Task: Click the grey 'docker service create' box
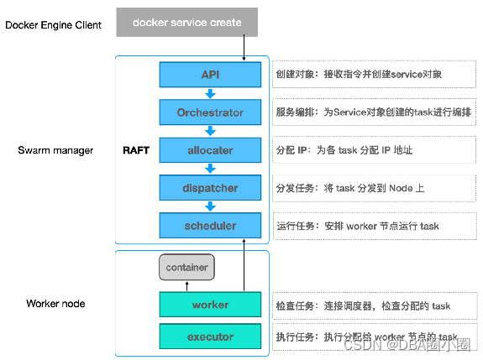pyautogui.click(x=187, y=22)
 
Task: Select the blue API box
pyautogui.click(x=210, y=75)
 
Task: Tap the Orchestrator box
pyautogui.click(x=210, y=112)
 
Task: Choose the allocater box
pyautogui.click(x=210, y=150)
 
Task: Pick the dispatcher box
pyautogui.click(x=210, y=188)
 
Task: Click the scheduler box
pyautogui.click(x=210, y=226)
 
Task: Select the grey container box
pyautogui.click(x=186, y=267)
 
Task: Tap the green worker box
pyautogui.click(x=210, y=305)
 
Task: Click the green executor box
pyautogui.click(x=210, y=337)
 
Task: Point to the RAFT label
pyautogui.click(x=136, y=150)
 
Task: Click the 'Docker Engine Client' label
pyautogui.click(x=53, y=25)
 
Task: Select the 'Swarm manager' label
pyautogui.click(x=55, y=150)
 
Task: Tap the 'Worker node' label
pyautogui.click(x=55, y=304)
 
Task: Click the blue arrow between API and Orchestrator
pyautogui.click(x=210, y=93)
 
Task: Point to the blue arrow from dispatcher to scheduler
pyautogui.click(x=210, y=206)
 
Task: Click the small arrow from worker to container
pyautogui.click(x=187, y=286)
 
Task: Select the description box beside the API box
pyautogui.click(x=374, y=74)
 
